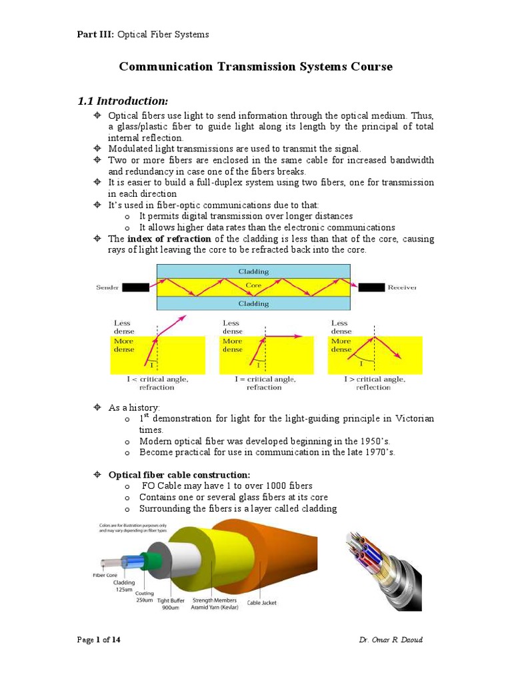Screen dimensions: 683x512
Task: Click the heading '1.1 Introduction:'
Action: pos(123,101)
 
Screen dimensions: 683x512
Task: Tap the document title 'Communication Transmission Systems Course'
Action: pos(255,67)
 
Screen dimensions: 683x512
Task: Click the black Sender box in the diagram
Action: pos(135,287)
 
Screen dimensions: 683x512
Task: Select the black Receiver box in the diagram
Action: pos(372,287)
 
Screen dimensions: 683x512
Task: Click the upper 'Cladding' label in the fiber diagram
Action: pos(253,271)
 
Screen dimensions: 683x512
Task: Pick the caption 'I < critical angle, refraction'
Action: pos(157,383)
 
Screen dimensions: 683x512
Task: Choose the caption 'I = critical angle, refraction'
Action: pos(264,383)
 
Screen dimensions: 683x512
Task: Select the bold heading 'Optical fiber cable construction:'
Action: pos(179,475)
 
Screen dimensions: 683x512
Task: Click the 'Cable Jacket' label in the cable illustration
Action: pos(261,603)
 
